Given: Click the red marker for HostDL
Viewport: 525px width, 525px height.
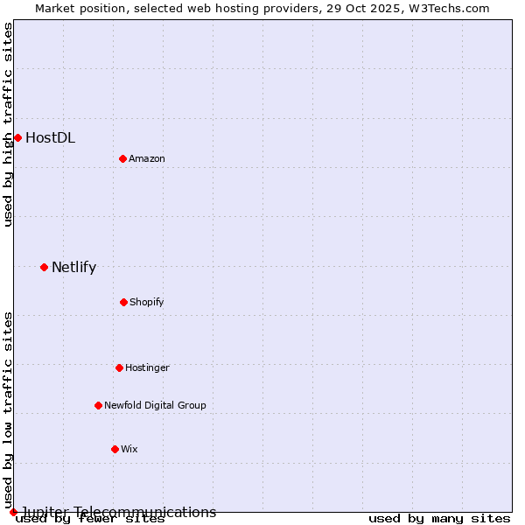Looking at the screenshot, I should pos(17,137).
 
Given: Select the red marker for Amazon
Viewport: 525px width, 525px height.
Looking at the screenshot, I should pos(122,158).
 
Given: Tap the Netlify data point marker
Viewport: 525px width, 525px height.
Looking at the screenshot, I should pos(44,267).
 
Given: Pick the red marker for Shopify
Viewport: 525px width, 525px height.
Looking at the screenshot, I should pos(123,302).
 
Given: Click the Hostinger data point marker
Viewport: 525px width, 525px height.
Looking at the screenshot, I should pos(119,367).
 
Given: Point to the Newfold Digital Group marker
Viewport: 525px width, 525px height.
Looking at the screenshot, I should pos(98,405).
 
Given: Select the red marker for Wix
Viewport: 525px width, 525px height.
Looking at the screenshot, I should pos(115,449).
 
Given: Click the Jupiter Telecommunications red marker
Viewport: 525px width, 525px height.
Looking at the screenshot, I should pos(13,512).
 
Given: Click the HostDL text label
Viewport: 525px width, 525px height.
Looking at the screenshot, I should pos(50,137).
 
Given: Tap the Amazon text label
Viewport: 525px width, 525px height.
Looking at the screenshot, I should pos(147,158).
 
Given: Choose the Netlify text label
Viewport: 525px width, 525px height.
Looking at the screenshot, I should pos(73,267).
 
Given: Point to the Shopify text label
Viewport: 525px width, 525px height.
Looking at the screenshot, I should pos(147,302).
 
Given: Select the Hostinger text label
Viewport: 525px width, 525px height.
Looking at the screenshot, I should pos(147,367).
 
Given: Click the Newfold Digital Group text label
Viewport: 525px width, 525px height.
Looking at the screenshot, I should pos(155,405).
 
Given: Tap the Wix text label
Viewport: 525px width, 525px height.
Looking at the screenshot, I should pos(129,449).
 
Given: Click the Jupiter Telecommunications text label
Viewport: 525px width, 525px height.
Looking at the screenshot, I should pos(118,512).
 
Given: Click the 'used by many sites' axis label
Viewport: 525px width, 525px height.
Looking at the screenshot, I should pos(439,519).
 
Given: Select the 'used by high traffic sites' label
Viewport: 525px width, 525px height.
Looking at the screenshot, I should pos(8,124).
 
